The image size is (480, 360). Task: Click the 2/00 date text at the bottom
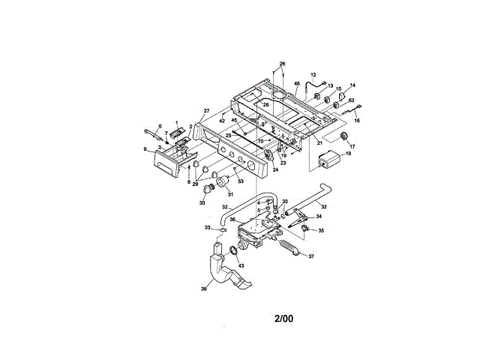point(283,318)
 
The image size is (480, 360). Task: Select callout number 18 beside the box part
point(347,154)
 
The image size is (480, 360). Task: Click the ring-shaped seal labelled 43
point(235,250)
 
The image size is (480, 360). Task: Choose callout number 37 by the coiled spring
point(313,255)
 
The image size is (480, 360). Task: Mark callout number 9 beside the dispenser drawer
point(145,148)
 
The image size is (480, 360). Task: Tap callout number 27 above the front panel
point(207,111)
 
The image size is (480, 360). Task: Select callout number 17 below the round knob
point(352,146)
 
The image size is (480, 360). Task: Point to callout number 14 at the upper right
point(352,85)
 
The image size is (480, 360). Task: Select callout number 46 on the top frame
point(297,85)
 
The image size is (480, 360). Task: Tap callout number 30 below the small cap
point(202,202)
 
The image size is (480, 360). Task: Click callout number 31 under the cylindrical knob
point(230,196)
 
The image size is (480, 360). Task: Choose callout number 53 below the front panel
point(241,181)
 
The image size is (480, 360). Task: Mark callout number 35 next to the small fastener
point(322,230)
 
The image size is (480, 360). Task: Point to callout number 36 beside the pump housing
point(232,220)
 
